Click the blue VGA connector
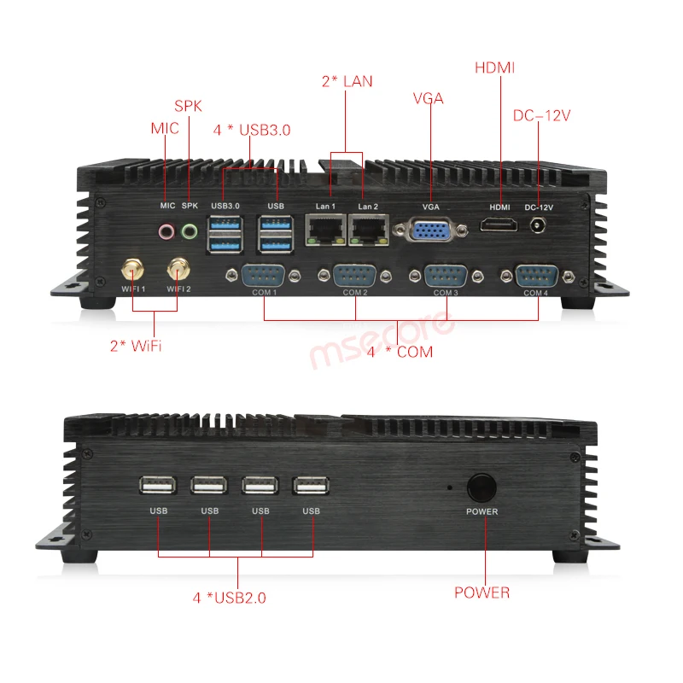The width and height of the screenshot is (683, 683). point(432,231)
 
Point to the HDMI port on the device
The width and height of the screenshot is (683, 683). point(499,225)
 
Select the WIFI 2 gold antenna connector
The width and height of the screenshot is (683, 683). point(178,269)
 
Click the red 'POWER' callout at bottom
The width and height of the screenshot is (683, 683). point(482,593)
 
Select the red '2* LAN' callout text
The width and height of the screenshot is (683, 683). point(347,82)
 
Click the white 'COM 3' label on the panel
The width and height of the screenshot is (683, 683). point(445,293)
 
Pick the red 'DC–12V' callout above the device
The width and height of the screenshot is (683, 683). point(540,115)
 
